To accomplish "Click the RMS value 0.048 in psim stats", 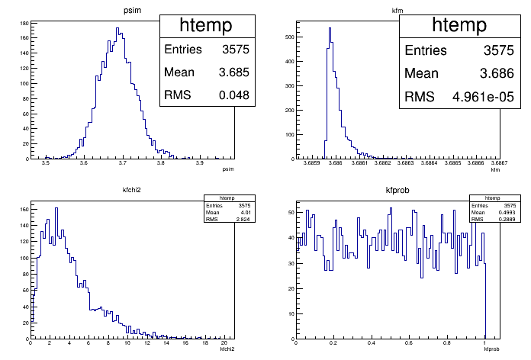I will click(235, 96).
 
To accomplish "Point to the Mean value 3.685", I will click(233, 73).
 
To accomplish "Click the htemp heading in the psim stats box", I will click(206, 25).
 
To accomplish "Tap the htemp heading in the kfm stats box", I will click(459, 25).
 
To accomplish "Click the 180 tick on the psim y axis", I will click(24, 24).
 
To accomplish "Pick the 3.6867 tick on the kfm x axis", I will click(500, 164).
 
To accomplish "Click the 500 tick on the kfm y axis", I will click(288, 36).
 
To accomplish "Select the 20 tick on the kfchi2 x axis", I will click(221, 344).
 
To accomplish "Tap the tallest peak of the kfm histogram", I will click(330, 29).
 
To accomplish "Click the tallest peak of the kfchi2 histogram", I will click(56, 208).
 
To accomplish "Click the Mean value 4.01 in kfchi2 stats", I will click(246, 214).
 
